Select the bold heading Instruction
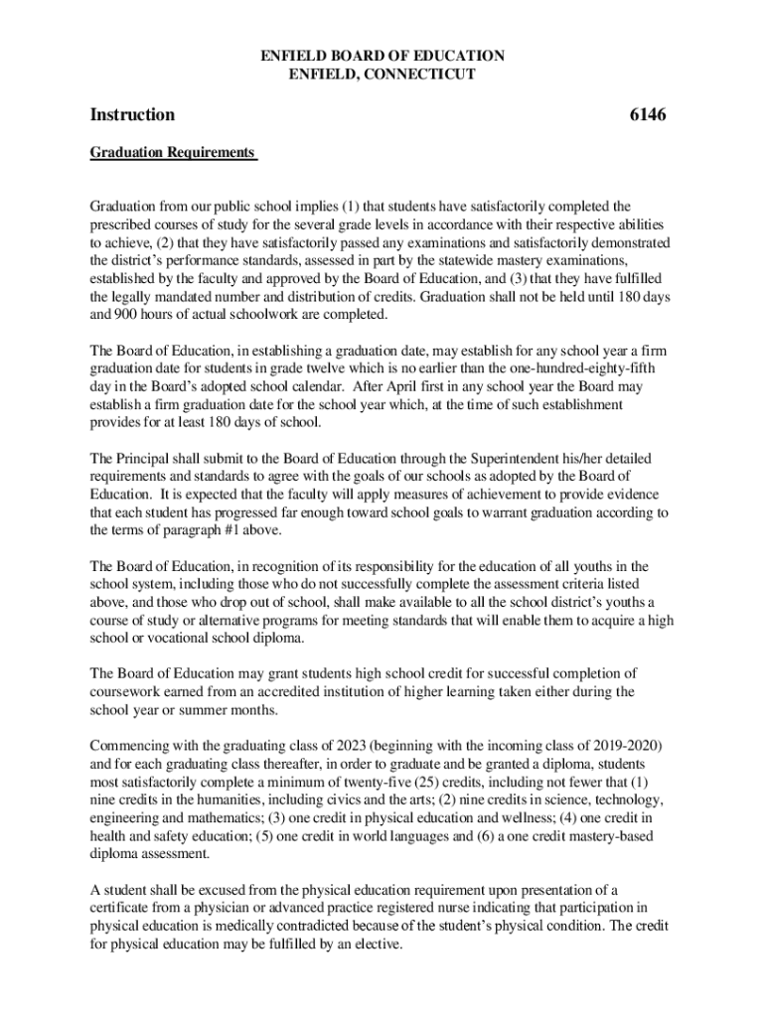click(132, 115)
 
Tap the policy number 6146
click(648, 115)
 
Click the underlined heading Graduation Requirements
click(172, 154)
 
